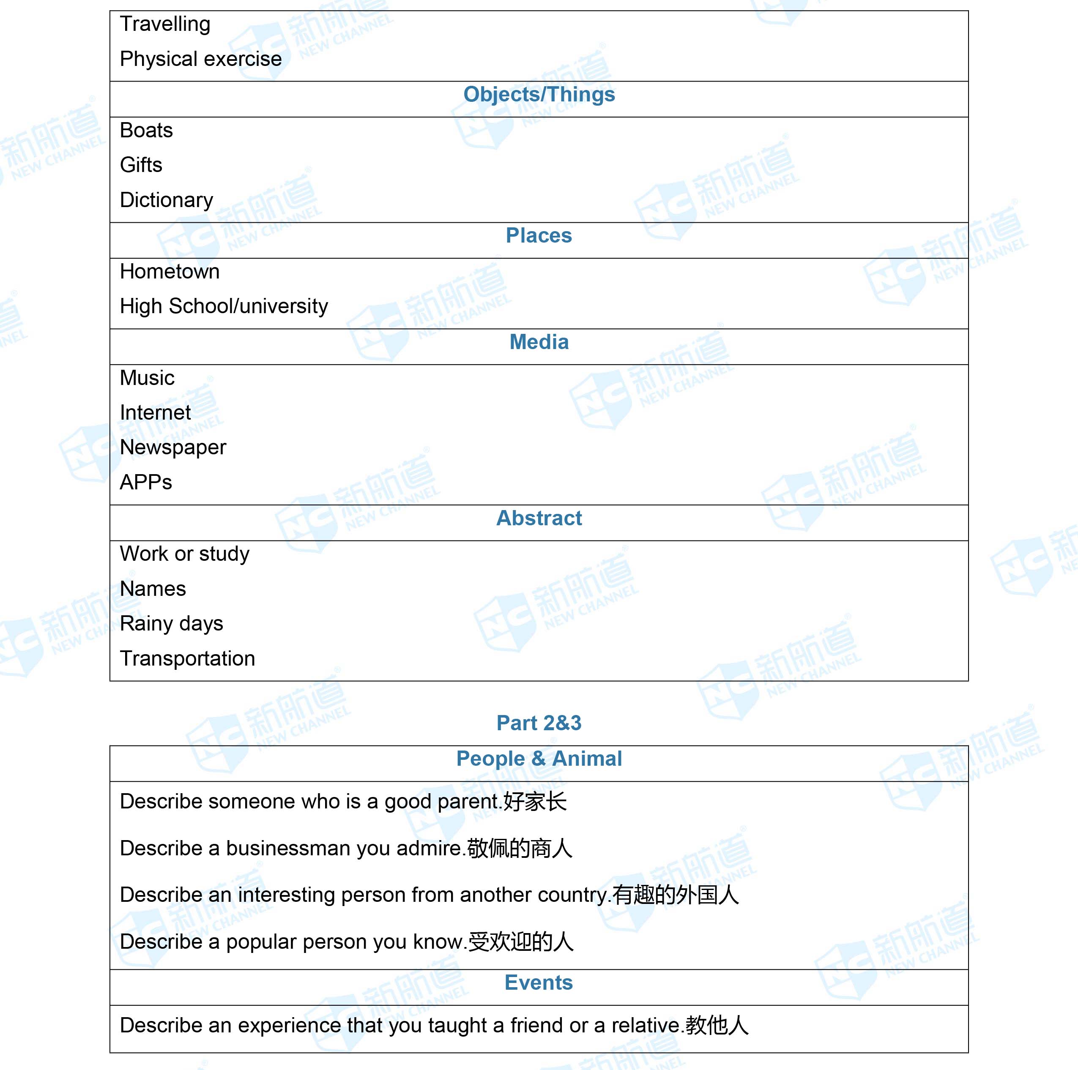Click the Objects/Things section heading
[x=539, y=95]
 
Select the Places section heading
[x=539, y=236]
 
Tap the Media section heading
[x=539, y=342]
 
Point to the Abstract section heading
[x=539, y=518]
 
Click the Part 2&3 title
[x=539, y=723]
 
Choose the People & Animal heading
[x=539, y=759]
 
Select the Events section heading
[x=539, y=983]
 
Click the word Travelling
[x=165, y=25]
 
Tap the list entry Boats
[x=146, y=131]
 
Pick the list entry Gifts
[x=141, y=165]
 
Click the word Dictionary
[x=166, y=200]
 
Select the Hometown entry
[x=170, y=272]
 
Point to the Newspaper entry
[x=173, y=448]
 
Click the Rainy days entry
[x=171, y=624]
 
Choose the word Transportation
[x=187, y=659]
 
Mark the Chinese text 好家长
[x=534, y=802]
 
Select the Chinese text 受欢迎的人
[x=520, y=942]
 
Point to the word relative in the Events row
[x=646, y=1025]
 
